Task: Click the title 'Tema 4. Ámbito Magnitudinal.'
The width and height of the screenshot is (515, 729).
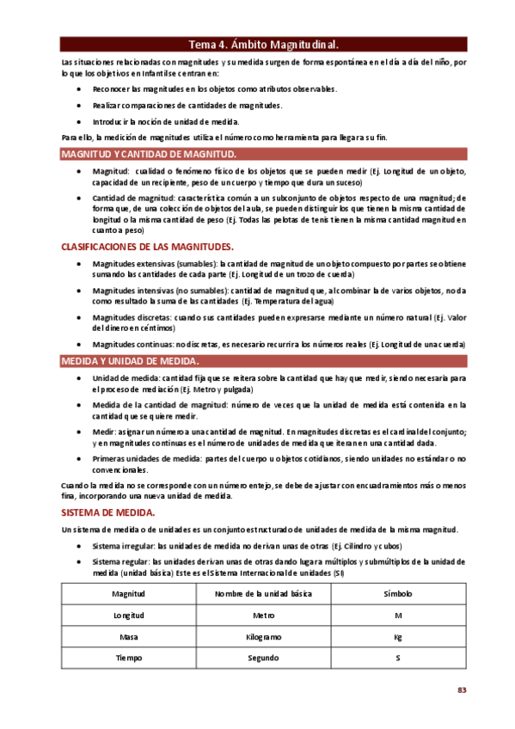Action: coord(263,45)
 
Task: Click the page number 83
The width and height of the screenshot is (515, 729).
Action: coord(461,690)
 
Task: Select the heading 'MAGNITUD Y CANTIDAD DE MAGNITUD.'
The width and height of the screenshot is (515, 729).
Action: coord(148,154)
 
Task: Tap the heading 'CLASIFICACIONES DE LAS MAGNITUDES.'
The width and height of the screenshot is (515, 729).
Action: coord(148,247)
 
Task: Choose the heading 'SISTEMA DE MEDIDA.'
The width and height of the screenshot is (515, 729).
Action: coord(107,512)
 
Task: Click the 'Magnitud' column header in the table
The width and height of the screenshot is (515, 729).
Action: coord(129,594)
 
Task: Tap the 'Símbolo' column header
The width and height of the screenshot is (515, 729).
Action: coord(398,594)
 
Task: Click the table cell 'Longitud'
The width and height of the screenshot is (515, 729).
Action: coord(129,616)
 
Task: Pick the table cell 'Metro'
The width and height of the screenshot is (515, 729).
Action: coord(263,616)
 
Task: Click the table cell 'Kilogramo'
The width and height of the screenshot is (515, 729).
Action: coord(263,637)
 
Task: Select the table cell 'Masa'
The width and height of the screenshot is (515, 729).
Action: coord(129,637)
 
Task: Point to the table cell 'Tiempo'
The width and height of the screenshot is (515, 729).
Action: coord(129,658)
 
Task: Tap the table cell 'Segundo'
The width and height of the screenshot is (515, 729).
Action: coord(263,658)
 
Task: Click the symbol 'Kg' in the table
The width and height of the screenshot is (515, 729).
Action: coord(398,637)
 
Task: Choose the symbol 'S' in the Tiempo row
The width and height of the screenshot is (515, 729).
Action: coord(398,658)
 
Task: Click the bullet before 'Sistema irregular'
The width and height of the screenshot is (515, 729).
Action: coord(80,547)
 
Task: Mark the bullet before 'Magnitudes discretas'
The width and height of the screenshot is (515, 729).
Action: coord(80,317)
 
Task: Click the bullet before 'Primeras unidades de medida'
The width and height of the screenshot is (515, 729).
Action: coord(80,460)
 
